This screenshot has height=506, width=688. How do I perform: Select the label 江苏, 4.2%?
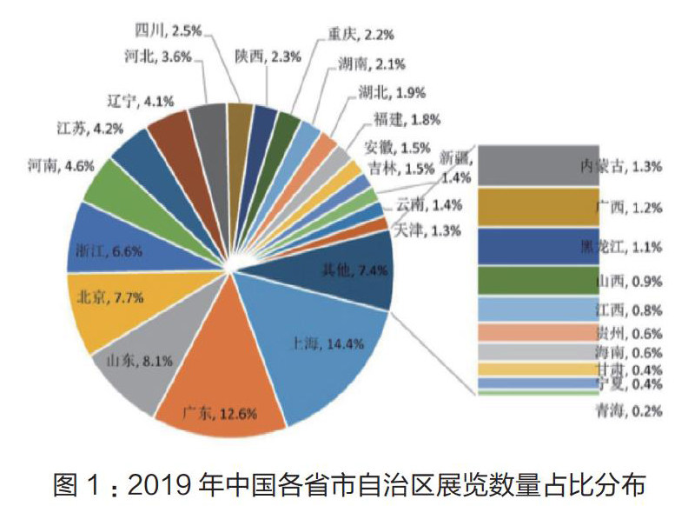pyautogui.click(x=75, y=128)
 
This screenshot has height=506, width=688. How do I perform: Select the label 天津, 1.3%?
pyautogui.click(x=424, y=230)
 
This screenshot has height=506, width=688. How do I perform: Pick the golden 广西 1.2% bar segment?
pyautogui.click(x=539, y=207)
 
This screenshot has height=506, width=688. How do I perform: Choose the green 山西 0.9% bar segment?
pyautogui.click(x=539, y=281)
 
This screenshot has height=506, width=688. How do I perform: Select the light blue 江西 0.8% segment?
pyautogui.click(x=539, y=310)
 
